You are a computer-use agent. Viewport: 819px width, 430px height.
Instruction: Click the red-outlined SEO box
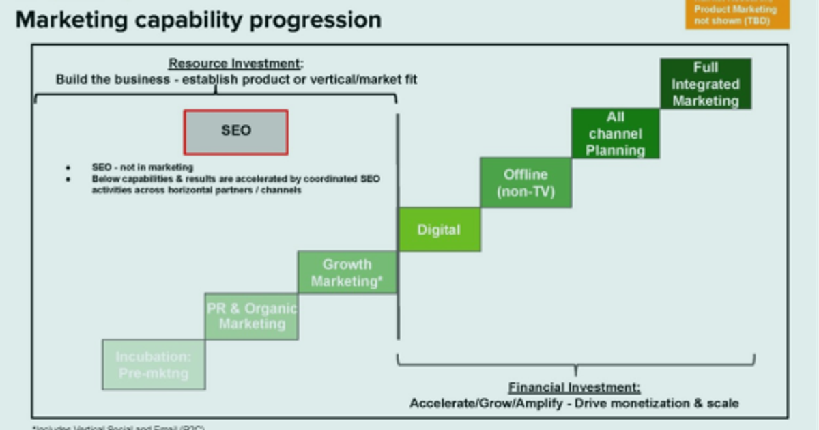coord(235,132)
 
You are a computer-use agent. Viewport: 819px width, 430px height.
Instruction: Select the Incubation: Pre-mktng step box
coord(154,364)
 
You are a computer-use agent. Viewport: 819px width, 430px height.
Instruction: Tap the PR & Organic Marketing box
coord(251,316)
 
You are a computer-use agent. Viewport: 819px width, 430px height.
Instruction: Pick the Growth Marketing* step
coord(347,272)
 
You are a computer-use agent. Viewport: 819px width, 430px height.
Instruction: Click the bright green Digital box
coord(439,230)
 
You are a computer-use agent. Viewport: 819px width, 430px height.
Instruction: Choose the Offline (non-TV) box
coord(526,182)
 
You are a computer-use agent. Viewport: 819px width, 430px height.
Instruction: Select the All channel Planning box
coord(615,134)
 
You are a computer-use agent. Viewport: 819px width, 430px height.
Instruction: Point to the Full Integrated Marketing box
coord(705,84)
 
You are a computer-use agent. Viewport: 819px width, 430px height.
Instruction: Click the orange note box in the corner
coord(737,14)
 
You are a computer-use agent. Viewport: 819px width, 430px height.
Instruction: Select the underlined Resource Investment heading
coord(235,64)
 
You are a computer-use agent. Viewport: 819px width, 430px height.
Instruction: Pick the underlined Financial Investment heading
coord(574,388)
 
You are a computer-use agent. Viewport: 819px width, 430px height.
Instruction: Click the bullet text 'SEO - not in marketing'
coord(143,167)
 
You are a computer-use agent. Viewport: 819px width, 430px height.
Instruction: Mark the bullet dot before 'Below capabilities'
coord(68,179)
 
